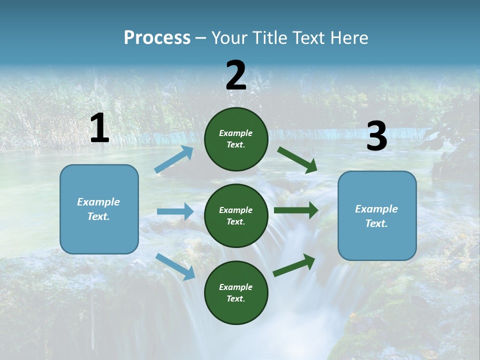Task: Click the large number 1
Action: tap(99, 128)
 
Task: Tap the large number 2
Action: tap(236, 75)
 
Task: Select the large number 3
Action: tap(376, 136)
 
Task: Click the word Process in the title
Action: tap(157, 37)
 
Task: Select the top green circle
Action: tap(236, 139)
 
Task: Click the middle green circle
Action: tap(236, 215)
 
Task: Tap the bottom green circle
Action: tap(236, 292)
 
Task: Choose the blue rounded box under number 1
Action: tap(99, 209)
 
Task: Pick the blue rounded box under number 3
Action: tap(377, 215)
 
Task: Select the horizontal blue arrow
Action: tap(175, 211)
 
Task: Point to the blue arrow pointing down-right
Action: tap(175, 266)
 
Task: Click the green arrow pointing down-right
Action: tap(297, 160)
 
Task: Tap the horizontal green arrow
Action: tap(296, 210)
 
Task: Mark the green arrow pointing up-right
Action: tap(294, 265)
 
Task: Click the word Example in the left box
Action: tap(98, 202)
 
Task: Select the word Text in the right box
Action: tap(376, 223)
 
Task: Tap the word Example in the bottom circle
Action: tap(236, 287)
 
